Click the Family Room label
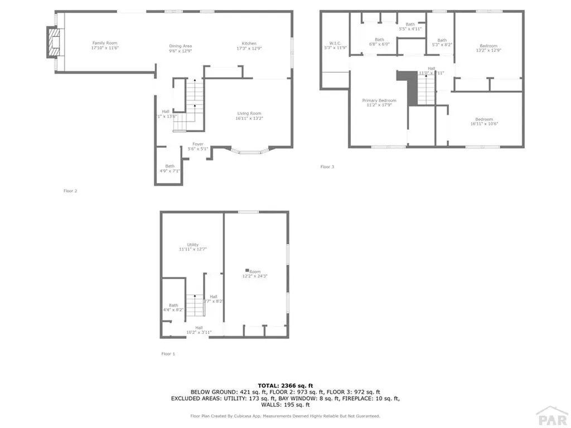[105, 46]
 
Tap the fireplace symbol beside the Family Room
[52, 42]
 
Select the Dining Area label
[181, 48]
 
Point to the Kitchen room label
[249, 46]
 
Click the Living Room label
[249, 116]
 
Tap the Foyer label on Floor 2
[198, 146]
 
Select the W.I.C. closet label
[335, 45]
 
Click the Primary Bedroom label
[379, 103]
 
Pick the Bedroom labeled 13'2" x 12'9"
[488, 48]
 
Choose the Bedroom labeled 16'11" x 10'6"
[483, 121]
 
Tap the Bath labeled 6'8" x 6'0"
[379, 42]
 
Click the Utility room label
[193, 247]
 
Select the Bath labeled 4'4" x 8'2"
[173, 307]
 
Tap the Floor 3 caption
[327, 167]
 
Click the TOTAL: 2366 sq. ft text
[285, 385]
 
